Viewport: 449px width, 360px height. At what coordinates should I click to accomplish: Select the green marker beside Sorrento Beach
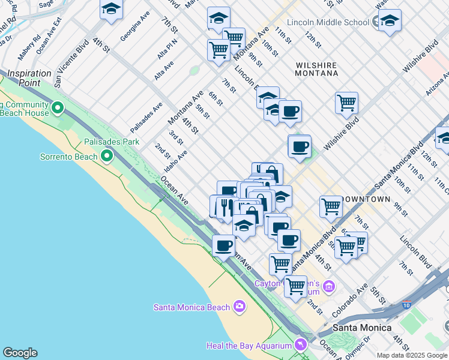click(107, 157)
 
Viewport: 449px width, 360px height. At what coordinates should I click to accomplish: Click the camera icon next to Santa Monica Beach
click(240, 307)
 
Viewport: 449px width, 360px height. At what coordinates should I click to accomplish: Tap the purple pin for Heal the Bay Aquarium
click(300, 345)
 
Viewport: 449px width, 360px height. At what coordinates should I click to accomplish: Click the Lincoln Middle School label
click(328, 22)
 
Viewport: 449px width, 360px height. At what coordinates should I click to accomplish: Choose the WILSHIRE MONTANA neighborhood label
click(316, 68)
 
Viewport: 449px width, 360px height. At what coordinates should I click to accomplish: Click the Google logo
click(20, 353)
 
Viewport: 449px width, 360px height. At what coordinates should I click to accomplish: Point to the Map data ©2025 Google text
click(412, 355)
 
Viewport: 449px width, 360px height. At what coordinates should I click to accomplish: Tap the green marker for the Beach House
click(58, 109)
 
